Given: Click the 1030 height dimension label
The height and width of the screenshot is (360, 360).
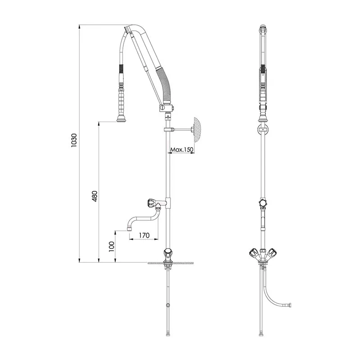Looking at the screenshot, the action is click(74, 140).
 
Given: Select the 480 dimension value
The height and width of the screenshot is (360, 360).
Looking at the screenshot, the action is click(94, 196).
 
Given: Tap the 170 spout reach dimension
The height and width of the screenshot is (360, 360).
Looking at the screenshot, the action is click(144, 235).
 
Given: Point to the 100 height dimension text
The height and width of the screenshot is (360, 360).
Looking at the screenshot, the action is click(111, 246).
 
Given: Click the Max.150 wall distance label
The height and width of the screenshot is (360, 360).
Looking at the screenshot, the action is click(182, 150).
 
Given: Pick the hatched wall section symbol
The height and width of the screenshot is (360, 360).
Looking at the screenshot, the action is click(197, 130).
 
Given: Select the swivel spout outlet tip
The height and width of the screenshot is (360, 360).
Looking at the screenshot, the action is click(129, 229).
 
